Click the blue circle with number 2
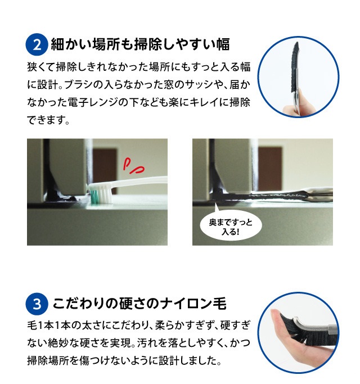[x=37, y=44]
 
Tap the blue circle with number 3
[x=37, y=304]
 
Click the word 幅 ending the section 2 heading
[x=223, y=44]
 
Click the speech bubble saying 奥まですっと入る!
[x=231, y=225]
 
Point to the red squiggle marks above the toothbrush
[x=133, y=166]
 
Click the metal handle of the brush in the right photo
[x=316, y=192]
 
